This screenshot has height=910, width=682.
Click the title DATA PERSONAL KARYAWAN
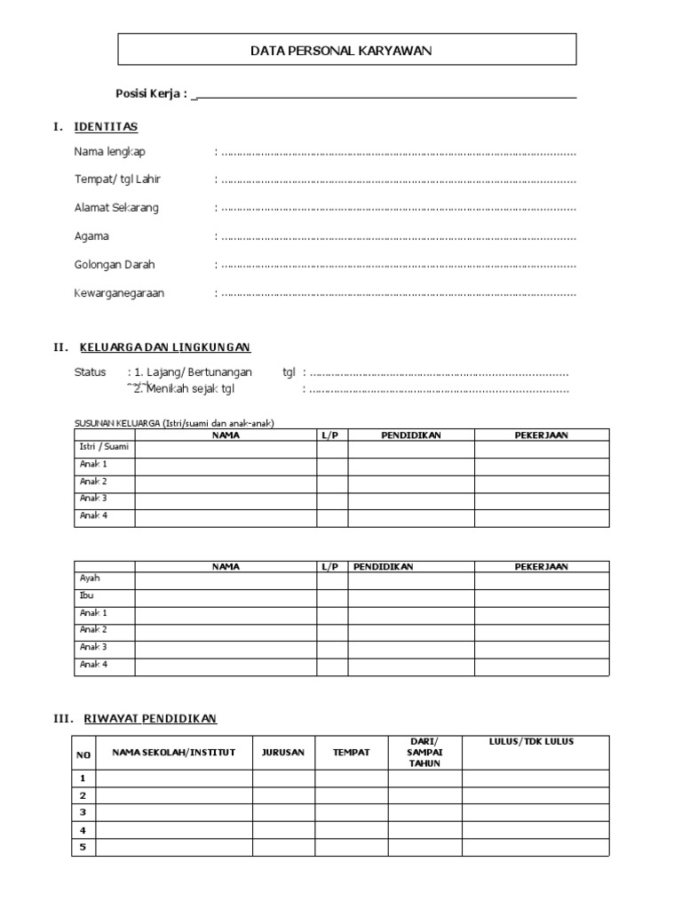pyautogui.click(x=341, y=52)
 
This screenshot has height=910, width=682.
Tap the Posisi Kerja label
pyautogui.click(x=151, y=94)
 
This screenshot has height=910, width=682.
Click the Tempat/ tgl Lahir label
pyautogui.click(x=117, y=180)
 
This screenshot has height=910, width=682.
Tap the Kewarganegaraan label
pyautogui.click(x=119, y=293)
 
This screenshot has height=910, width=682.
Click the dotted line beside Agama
pyautogui.click(x=398, y=237)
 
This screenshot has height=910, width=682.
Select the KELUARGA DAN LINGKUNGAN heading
pyautogui.click(x=165, y=347)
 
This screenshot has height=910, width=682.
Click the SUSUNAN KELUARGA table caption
pyautogui.click(x=173, y=423)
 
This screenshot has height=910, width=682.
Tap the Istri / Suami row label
pyautogui.click(x=104, y=447)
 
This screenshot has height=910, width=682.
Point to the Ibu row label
pyautogui.click(x=87, y=595)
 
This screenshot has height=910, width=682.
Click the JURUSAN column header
pyautogui.click(x=283, y=752)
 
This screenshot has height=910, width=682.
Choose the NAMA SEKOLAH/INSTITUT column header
pyautogui.click(x=173, y=752)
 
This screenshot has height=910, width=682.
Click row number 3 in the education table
pyautogui.click(x=83, y=812)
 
